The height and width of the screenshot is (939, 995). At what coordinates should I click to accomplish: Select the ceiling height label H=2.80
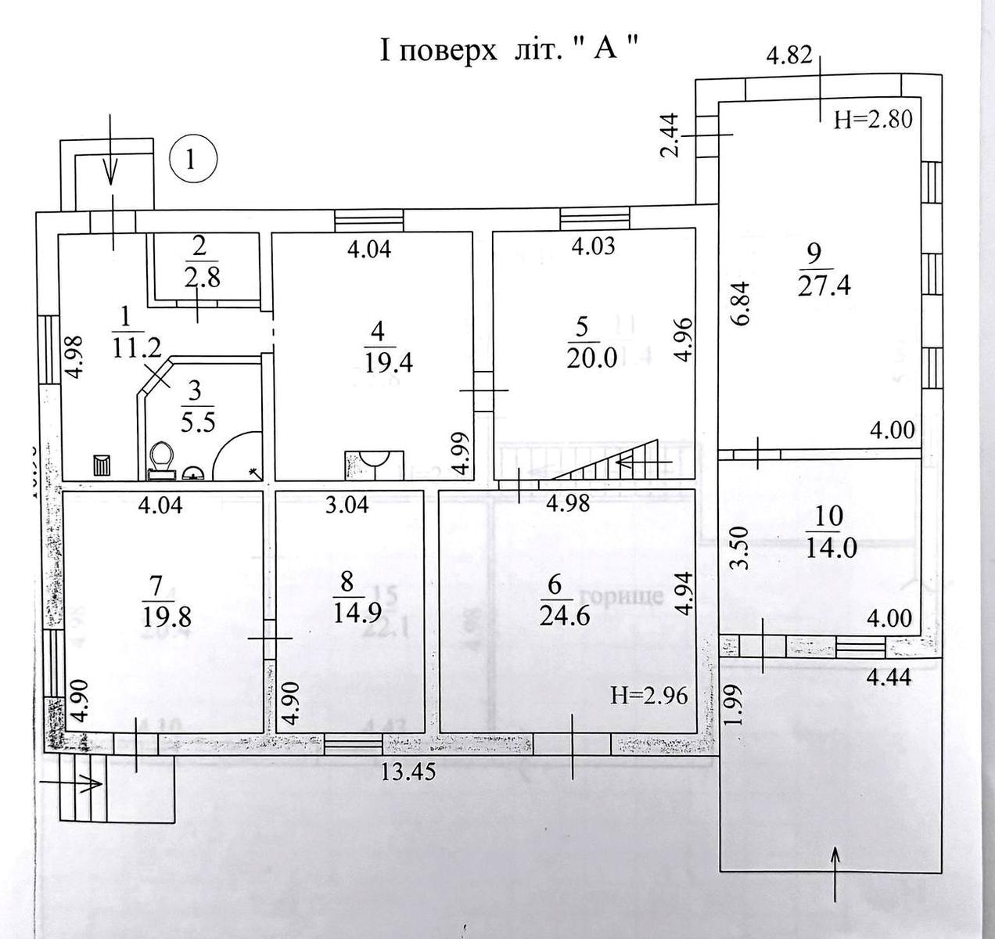click(x=873, y=119)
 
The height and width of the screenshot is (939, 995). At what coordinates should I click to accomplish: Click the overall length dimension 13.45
click(x=408, y=771)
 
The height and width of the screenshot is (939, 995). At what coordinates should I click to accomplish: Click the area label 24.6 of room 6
click(x=564, y=616)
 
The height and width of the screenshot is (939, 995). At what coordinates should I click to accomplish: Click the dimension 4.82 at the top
click(x=788, y=56)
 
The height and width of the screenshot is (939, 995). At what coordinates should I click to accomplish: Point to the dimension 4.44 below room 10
click(x=891, y=677)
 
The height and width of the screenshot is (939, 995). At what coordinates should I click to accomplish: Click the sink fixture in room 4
click(x=375, y=461)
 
